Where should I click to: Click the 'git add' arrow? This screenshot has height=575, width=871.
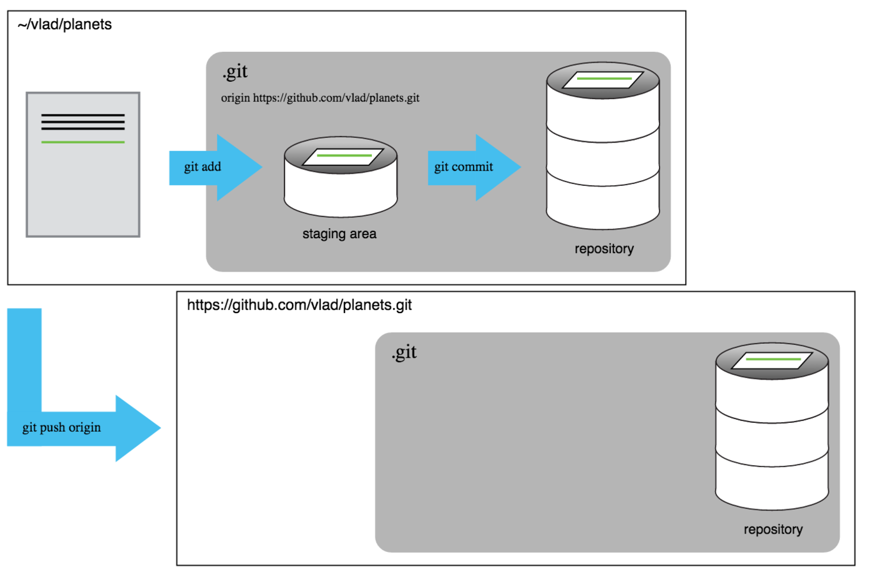216,167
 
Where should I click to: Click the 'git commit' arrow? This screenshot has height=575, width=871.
474,167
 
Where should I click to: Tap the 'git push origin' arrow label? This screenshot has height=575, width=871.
61,427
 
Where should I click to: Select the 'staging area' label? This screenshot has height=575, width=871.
339,234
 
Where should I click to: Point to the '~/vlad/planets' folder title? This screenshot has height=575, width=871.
65,24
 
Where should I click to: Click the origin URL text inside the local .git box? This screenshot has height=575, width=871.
320,98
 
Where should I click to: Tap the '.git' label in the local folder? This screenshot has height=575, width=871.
235,72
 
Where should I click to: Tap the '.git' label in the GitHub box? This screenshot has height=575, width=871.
404,352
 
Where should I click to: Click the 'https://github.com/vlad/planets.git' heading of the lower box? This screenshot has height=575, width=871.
300,305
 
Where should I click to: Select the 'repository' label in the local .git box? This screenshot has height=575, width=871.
605,249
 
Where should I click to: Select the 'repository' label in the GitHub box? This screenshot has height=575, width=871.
773,529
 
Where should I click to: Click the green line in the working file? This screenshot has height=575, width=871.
83,142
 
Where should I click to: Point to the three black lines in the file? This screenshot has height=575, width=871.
83,121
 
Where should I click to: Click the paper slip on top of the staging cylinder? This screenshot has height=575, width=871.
343,157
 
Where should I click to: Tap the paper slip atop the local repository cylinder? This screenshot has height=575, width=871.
603,80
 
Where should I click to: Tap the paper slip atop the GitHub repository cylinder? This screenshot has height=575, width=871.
772,360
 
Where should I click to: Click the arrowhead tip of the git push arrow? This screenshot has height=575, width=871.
160,428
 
